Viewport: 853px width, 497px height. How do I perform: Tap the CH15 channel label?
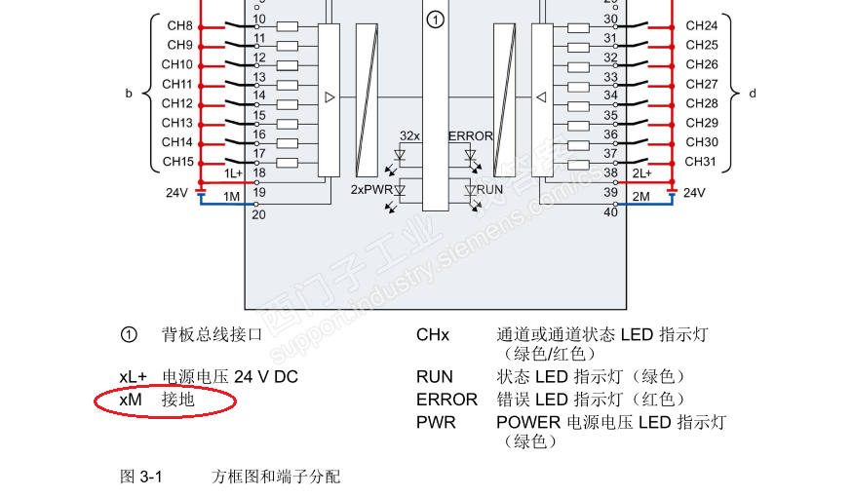point(177,162)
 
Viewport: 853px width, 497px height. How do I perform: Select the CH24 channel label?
point(701,26)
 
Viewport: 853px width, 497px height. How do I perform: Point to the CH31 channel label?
point(701,162)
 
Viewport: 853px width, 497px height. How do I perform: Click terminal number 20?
point(258,214)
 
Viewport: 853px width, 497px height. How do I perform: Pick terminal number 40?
point(610,211)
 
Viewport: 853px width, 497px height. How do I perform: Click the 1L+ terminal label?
point(233,173)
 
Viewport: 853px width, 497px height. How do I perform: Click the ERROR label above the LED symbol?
point(470,136)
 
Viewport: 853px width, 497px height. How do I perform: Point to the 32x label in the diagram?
point(409,136)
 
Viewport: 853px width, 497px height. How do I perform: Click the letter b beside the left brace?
point(128,95)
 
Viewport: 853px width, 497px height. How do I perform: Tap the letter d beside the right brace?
point(752,95)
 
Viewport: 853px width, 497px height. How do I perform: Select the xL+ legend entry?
point(133,376)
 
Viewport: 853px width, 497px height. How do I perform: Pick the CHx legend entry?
point(433,335)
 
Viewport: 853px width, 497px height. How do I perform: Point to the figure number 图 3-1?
point(140,477)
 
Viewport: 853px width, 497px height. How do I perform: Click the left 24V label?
point(175,193)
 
